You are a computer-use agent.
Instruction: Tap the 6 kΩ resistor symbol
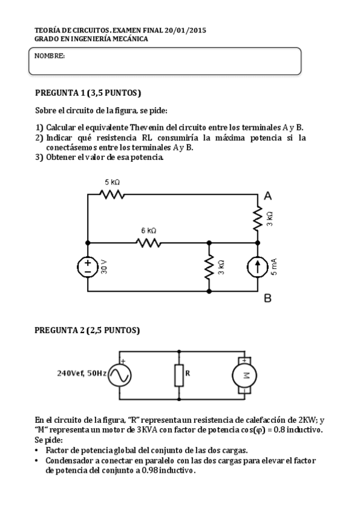click(x=148, y=242)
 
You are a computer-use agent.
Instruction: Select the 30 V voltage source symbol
click(x=88, y=266)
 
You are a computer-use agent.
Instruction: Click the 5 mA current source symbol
click(x=258, y=266)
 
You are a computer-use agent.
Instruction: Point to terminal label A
click(x=268, y=195)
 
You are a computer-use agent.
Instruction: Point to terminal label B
click(x=268, y=298)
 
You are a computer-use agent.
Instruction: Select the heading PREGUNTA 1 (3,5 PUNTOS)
click(x=88, y=93)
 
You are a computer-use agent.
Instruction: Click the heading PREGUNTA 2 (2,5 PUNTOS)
click(x=88, y=330)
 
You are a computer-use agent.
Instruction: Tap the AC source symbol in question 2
click(x=119, y=374)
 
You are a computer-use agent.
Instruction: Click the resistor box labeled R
click(x=179, y=375)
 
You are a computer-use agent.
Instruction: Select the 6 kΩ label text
click(x=148, y=230)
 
